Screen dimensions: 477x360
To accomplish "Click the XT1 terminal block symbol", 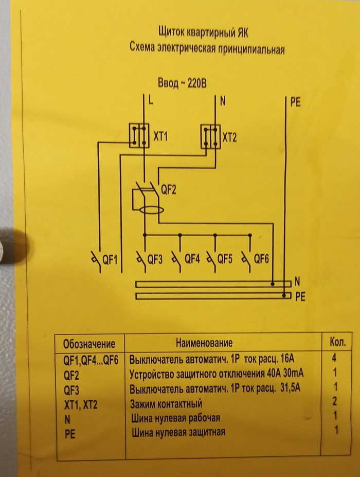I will tap(138, 135).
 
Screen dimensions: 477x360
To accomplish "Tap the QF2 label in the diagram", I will tap(169, 190).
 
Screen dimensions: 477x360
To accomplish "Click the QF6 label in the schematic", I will tap(261, 259).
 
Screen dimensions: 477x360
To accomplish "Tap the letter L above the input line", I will tap(150, 101).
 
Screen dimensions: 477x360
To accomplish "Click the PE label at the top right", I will tap(295, 102).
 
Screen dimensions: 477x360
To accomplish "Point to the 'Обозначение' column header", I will tap(89, 344).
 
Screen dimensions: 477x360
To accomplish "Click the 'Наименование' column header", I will tap(204, 343).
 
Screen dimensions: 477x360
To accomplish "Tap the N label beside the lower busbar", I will tap(297, 282).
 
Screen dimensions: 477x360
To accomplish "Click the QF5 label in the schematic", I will tap(225, 259).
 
